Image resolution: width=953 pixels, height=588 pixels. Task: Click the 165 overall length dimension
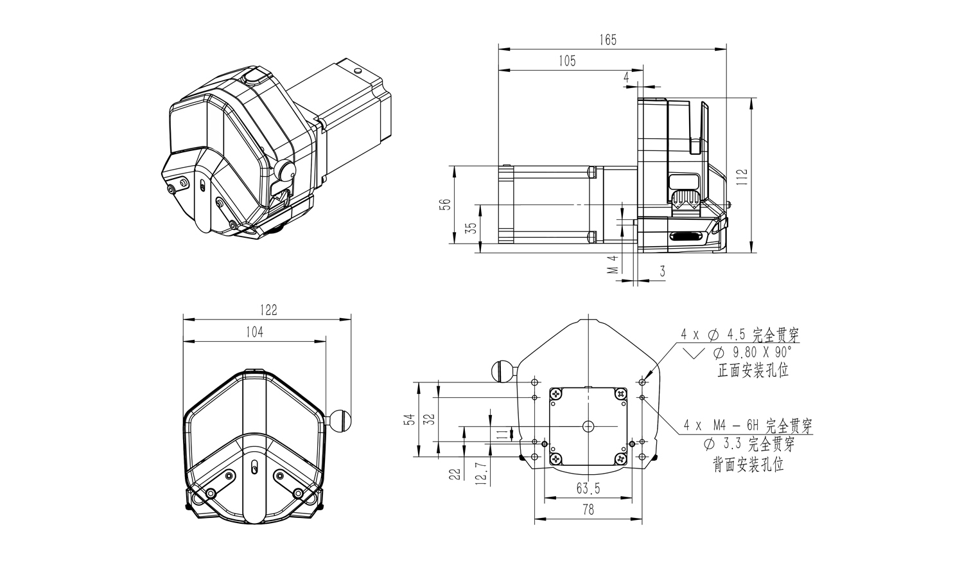[x=608, y=40]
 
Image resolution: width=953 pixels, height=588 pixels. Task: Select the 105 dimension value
[x=567, y=61]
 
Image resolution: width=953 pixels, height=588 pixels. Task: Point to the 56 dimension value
[x=444, y=204]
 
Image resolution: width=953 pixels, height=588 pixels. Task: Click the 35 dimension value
[x=471, y=227]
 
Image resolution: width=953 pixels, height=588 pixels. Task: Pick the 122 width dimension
[x=268, y=310]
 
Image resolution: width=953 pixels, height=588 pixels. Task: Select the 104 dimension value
[x=254, y=332]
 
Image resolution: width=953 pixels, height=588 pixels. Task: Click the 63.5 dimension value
[x=588, y=488]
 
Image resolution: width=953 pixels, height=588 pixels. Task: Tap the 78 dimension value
[x=588, y=509]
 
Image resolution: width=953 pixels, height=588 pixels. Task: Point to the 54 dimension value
[x=409, y=420]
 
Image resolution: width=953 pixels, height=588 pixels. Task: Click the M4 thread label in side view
[x=613, y=264]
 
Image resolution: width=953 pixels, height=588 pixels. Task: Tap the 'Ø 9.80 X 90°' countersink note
[x=753, y=353]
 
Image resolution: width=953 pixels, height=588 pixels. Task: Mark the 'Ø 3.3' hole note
[x=722, y=444]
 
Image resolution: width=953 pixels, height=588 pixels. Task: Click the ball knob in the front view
[x=341, y=420]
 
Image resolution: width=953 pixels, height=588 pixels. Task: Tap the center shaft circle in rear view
[x=588, y=426]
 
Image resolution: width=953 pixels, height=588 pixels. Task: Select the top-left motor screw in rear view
[x=555, y=394]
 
